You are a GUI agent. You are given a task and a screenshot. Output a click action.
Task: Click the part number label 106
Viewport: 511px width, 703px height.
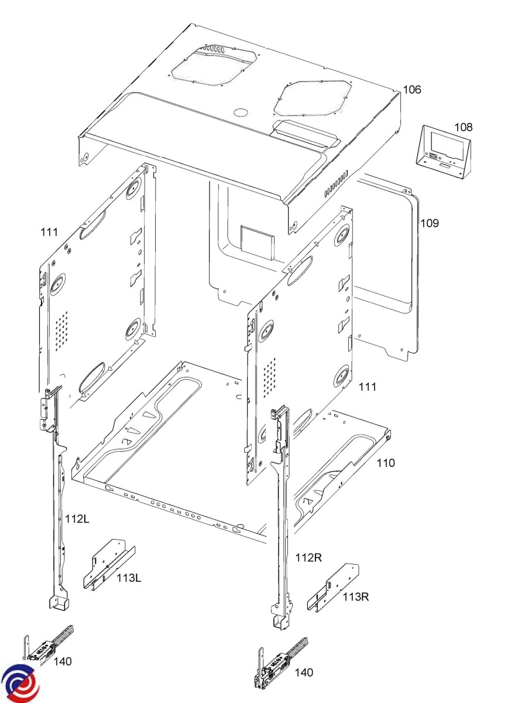411,90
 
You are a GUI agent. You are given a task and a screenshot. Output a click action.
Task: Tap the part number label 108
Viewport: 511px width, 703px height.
464,127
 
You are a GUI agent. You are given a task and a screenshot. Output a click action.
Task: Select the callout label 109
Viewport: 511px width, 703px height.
430,223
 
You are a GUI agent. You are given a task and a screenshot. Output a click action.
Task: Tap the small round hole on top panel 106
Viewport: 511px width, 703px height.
241,112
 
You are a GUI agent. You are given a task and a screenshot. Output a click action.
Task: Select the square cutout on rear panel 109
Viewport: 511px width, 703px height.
258,242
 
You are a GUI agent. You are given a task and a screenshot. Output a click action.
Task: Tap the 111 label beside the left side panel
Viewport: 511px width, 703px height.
49,232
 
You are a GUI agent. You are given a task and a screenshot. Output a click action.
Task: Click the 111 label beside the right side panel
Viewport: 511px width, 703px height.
367,387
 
